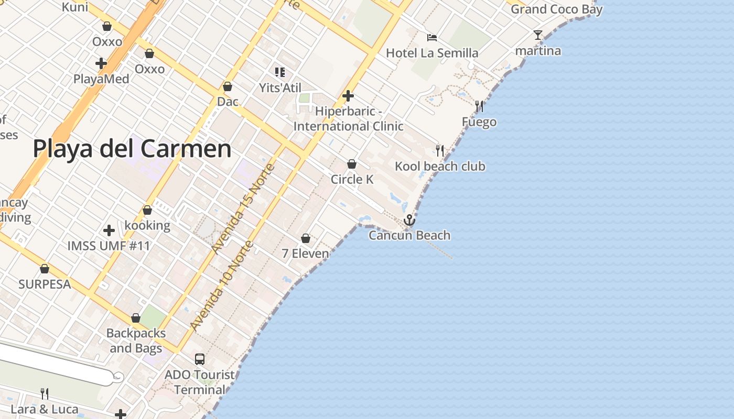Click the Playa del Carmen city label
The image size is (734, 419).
point(132,149)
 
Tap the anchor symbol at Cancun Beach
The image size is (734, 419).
point(409,220)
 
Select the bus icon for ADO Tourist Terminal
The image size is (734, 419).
point(199,359)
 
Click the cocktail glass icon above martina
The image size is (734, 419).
point(537,35)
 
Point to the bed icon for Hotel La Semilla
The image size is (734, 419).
point(431,37)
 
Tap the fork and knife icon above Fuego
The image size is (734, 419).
point(479,106)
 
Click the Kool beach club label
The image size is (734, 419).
point(440,167)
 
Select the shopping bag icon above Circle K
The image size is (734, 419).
point(352,164)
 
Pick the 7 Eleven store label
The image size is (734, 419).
point(306,253)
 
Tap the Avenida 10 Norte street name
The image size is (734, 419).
point(222,285)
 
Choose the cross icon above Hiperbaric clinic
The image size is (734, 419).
point(348,96)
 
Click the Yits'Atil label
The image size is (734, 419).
point(280,87)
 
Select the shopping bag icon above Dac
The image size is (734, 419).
point(228,86)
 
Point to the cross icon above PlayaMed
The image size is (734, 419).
point(101,64)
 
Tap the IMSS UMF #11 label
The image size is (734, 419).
point(109,246)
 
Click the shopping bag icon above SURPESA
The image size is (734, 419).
point(45,269)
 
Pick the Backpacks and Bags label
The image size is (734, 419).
point(136,340)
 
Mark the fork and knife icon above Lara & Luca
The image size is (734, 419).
point(45,393)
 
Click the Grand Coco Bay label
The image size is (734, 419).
point(556,9)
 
